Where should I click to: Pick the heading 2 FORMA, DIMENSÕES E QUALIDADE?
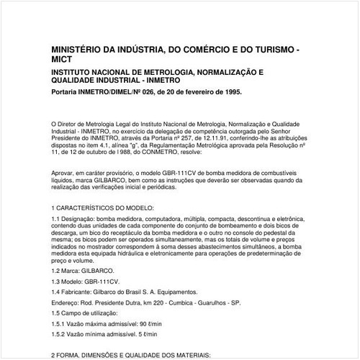(130, 356)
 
